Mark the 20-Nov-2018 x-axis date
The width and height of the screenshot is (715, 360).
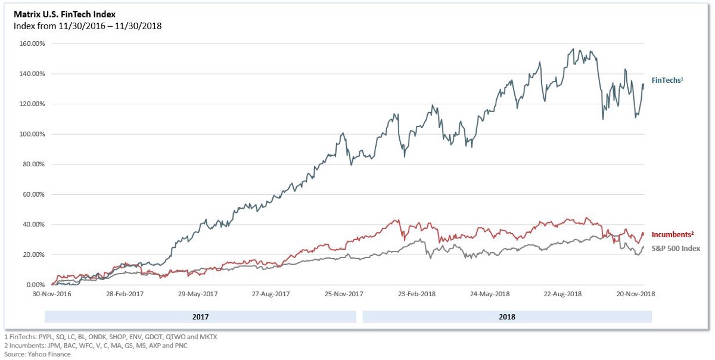(x=635, y=294)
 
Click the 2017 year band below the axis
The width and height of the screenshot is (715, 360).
(x=200, y=317)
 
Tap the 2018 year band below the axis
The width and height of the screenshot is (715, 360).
(x=507, y=317)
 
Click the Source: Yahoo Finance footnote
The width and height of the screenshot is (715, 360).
(x=38, y=354)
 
